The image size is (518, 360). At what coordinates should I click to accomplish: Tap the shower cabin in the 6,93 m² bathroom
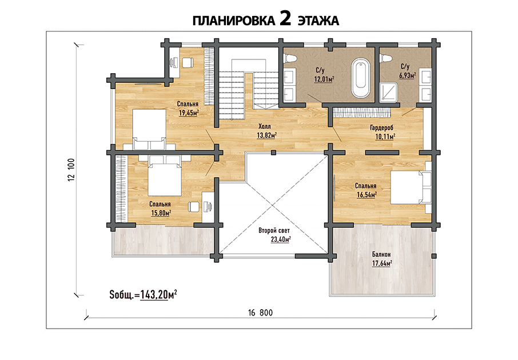(389, 92)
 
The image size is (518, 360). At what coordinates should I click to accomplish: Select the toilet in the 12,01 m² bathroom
(290, 58)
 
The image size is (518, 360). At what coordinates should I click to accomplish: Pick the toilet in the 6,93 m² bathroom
(385, 58)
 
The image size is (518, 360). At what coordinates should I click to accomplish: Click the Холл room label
(265, 126)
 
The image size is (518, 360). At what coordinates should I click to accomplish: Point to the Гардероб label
(382, 128)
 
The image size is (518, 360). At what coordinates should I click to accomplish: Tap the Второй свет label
(274, 230)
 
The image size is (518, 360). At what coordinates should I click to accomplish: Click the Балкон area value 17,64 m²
(382, 263)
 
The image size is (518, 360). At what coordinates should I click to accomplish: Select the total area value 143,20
(154, 294)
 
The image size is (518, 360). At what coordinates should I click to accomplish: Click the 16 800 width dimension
(261, 313)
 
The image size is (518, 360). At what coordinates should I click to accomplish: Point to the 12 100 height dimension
(71, 170)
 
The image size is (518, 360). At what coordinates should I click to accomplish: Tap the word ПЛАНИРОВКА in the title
(234, 21)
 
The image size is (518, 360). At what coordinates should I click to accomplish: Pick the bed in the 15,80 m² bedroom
(165, 175)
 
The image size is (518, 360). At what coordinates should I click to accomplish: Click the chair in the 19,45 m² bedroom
(188, 63)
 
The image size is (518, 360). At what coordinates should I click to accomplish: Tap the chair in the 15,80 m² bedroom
(194, 207)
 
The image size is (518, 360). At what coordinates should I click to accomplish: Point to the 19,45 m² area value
(189, 113)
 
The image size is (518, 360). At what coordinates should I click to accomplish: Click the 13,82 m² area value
(266, 135)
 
